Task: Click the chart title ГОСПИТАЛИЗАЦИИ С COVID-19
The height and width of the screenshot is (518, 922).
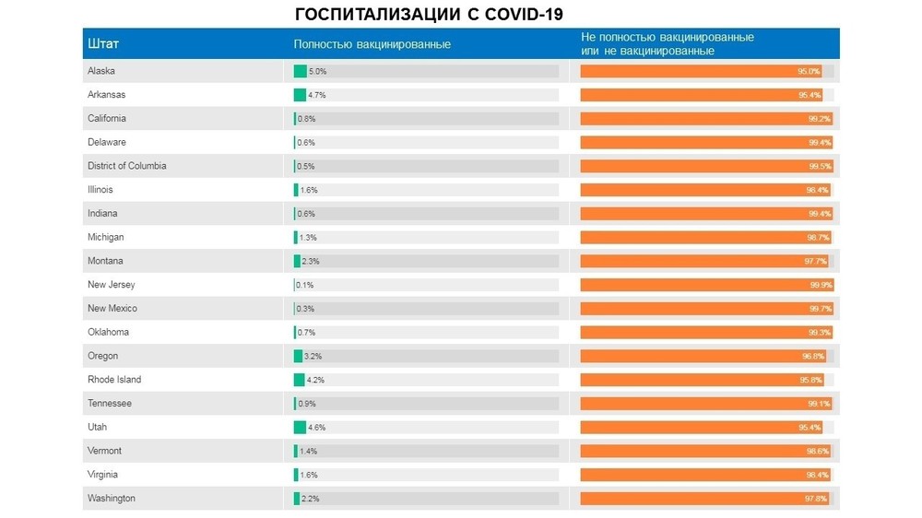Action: (x=429, y=15)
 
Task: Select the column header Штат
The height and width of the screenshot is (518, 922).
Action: (x=103, y=44)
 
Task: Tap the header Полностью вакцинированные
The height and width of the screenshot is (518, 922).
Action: (x=372, y=44)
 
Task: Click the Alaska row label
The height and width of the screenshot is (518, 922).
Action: (x=101, y=71)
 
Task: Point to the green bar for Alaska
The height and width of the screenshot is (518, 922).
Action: (x=300, y=71)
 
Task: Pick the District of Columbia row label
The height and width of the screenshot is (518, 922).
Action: (x=127, y=166)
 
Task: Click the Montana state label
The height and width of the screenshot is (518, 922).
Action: (x=105, y=261)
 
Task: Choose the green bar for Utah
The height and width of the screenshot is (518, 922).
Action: (x=300, y=428)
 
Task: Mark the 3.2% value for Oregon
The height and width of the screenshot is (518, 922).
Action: (x=313, y=357)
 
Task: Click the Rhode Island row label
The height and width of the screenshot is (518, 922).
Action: (x=114, y=380)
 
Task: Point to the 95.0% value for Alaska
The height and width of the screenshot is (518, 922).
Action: (x=809, y=71)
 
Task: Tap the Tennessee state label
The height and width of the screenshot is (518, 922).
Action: (x=110, y=404)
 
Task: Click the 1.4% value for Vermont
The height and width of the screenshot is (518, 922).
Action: (x=308, y=452)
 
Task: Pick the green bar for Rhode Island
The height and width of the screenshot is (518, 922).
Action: (x=299, y=380)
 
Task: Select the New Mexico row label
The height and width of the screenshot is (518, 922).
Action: (x=112, y=309)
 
